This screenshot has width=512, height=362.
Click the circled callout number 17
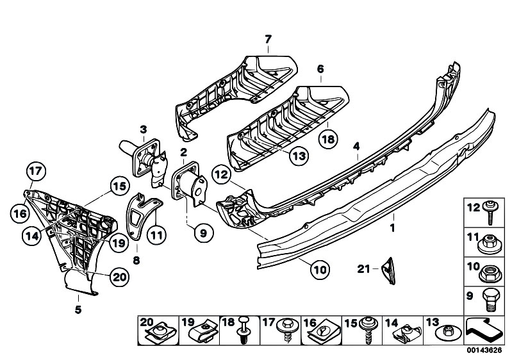point(36,171)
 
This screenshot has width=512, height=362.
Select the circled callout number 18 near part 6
point(328,139)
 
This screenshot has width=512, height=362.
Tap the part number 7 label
point(268,40)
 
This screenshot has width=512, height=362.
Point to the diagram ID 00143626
point(484,350)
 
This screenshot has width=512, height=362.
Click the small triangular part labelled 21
point(388,271)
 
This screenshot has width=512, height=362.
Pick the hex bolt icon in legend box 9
point(491,300)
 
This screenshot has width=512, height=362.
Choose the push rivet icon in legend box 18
point(244,330)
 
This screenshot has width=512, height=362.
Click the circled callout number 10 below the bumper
point(320,270)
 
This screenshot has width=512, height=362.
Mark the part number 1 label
point(393,227)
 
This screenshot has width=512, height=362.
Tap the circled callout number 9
point(203,233)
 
